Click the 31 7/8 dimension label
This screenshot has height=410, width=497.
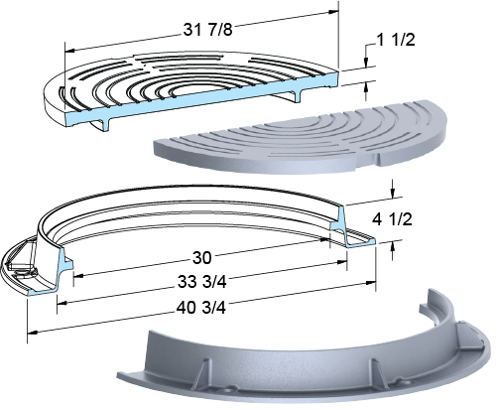[208, 30]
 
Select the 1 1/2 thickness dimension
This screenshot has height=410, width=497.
[396, 40]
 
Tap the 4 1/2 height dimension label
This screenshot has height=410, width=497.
[392, 219]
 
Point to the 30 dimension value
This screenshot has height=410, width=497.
[201, 257]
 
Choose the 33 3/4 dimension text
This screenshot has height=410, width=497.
[202, 282]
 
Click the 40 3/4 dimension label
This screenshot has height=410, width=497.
[201, 308]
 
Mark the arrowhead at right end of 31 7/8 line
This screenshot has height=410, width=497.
[333, 12]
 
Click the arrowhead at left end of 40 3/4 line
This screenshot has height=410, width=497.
[32, 332]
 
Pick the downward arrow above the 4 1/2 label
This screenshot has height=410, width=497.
[392, 190]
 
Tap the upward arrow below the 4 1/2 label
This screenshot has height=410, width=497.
[392, 250]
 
